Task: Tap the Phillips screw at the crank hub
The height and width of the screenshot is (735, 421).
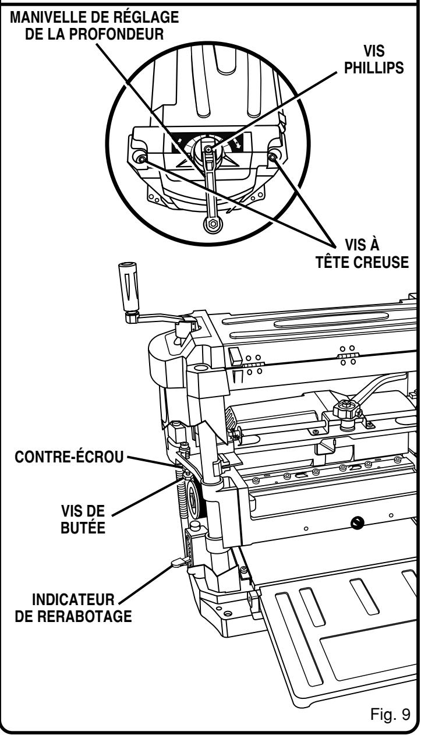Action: (x=209, y=150)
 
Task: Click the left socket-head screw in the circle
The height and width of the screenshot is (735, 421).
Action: (x=141, y=157)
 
